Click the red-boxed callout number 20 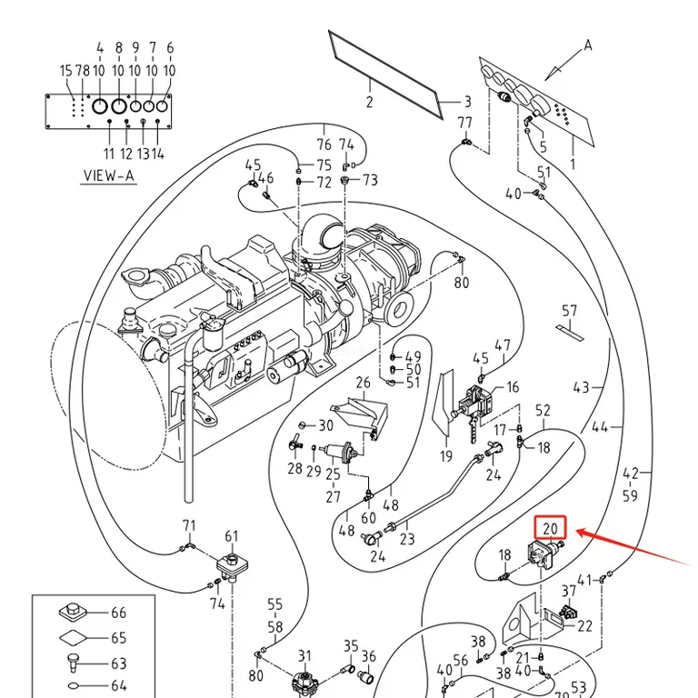pos(550,528)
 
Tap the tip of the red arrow pos(576,531)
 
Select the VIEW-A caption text pos(109,175)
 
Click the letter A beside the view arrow pos(588,45)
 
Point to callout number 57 pos(569,311)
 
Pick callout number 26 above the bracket pos(363,383)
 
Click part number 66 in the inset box pos(118,613)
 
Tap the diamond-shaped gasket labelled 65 pos(74,638)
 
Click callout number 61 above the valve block pos(232,536)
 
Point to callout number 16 pos(513,387)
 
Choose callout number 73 pos(370,180)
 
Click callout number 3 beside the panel pos(467,102)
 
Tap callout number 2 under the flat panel pos(370,102)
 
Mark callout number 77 pos(464,123)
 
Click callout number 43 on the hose pos(582,387)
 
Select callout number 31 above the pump pos(304,655)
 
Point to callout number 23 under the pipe pos(407,539)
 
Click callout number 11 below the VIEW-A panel pos(109,154)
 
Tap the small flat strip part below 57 pos(570,334)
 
